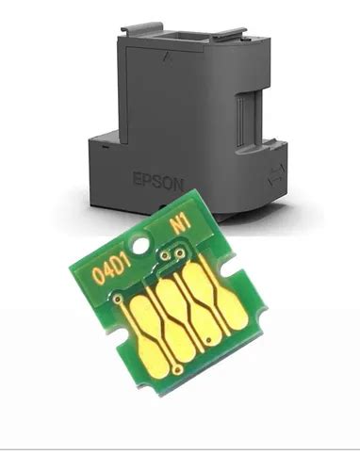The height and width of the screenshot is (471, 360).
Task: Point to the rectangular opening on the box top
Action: point(179,40)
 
